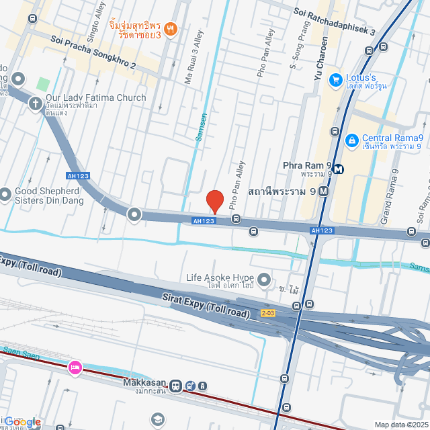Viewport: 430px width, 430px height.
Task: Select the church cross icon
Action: pos(36,103)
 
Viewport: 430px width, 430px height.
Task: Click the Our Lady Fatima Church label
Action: pos(95,98)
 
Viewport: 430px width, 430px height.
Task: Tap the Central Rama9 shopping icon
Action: pos(350,140)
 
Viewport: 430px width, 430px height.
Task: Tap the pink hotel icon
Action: pos(75,368)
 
